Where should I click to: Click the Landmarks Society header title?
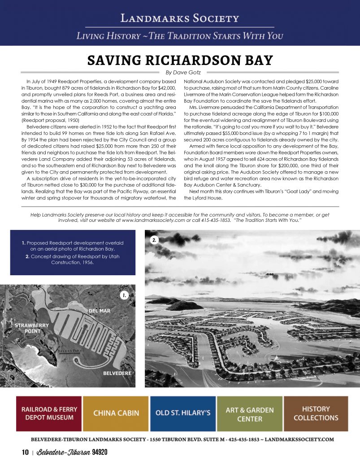point(179,18)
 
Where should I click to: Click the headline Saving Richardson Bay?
point(180,60)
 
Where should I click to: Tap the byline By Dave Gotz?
point(179,72)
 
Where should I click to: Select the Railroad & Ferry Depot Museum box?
point(49,413)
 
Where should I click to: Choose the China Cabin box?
point(116,413)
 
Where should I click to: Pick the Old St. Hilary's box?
point(182,413)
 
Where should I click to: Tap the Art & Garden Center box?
point(249,413)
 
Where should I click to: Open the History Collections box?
point(316,413)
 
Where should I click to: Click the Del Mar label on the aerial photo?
point(99,311)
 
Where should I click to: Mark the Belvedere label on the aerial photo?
point(117,373)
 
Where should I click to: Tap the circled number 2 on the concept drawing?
point(154,240)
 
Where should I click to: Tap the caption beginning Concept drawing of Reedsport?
point(73,260)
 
